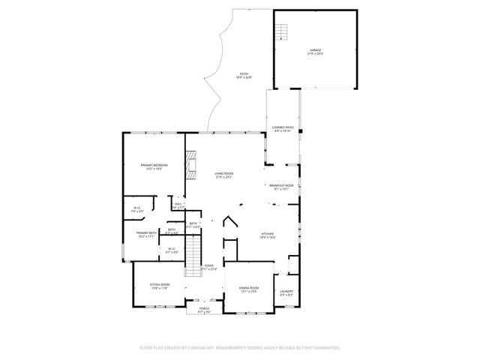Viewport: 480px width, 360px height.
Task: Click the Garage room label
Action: coord(315,50)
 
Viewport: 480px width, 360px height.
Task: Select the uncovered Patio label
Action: coord(244,73)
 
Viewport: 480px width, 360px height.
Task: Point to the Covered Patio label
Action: coord(283,128)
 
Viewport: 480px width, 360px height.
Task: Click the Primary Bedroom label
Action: coord(154,165)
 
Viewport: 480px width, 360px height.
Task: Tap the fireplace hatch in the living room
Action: coord(193,163)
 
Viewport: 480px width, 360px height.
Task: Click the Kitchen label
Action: coord(268,234)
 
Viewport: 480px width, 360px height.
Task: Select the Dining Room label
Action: coord(249,288)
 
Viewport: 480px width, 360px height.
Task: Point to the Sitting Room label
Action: coord(160,285)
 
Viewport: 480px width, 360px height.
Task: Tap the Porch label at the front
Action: coord(204,307)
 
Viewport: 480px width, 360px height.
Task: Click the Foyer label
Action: coord(209,265)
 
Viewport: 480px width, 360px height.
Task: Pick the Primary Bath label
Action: coord(147,233)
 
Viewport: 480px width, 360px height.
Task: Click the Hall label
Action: coord(178,204)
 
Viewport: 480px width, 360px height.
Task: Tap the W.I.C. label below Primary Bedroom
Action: coord(138,208)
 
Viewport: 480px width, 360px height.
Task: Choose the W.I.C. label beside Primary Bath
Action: coord(172,249)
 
